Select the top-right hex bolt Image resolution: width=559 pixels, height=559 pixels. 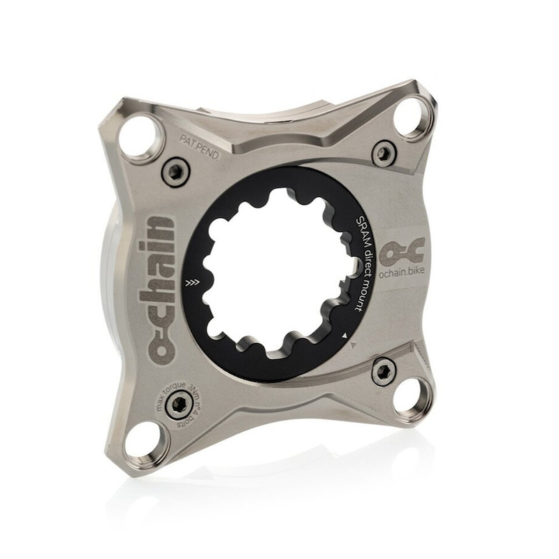(x=383, y=152)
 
